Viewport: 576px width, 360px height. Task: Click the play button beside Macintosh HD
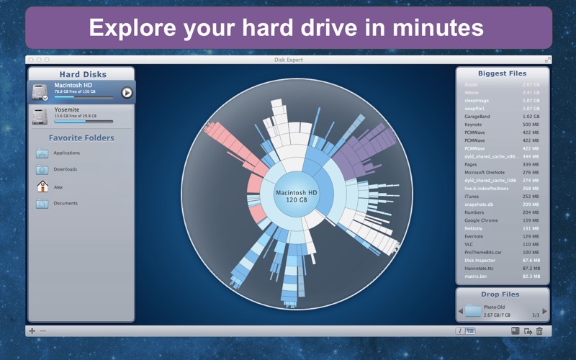[x=127, y=92]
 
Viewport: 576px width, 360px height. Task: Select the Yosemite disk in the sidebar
[x=66, y=114]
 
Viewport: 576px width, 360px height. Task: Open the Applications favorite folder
[x=66, y=153]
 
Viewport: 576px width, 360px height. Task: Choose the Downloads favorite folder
[x=65, y=169]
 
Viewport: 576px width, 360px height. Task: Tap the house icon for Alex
[x=42, y=186]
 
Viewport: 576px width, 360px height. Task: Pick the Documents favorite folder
[x=65, y=203]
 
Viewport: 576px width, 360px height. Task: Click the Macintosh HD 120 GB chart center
[x=297, y=196]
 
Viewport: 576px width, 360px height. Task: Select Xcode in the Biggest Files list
[x=472, y=84]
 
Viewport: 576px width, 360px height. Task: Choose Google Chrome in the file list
[x=482, y=220]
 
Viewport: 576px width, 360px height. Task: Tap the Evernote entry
[x=474, y=236]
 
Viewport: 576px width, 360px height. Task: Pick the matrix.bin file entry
[x=476, y=276]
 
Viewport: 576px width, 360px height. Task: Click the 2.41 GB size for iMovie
[x=531, y=92]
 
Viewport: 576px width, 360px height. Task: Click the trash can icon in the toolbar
[x=539, y=331]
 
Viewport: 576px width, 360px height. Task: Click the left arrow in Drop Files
[x=461, y=311]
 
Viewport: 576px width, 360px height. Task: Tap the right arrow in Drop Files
[x=544, y=311]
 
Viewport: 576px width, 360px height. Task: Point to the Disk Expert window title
[x=288, y=60]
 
